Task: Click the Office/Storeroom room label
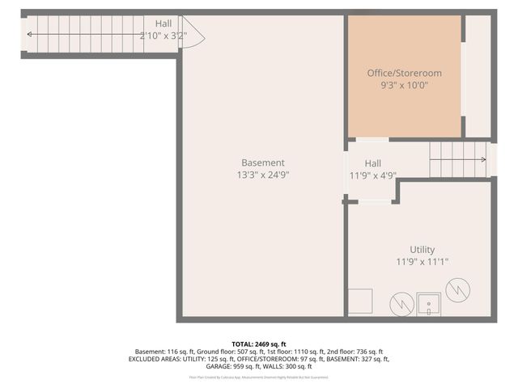tap(404, 73)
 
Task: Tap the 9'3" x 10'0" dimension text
tap(404, 84)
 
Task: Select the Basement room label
tap(262, 162)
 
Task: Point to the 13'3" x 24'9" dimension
tap(262, 174)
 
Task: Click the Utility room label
tap(422, 250)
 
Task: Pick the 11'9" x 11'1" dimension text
tap(422, 261)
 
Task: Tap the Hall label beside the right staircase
tap(372, 162)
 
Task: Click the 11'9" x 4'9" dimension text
tap(372, 175)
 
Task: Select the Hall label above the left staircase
tap(163, 23)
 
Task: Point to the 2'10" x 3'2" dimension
tap(163, 36)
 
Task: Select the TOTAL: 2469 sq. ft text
tap(259, 344)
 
